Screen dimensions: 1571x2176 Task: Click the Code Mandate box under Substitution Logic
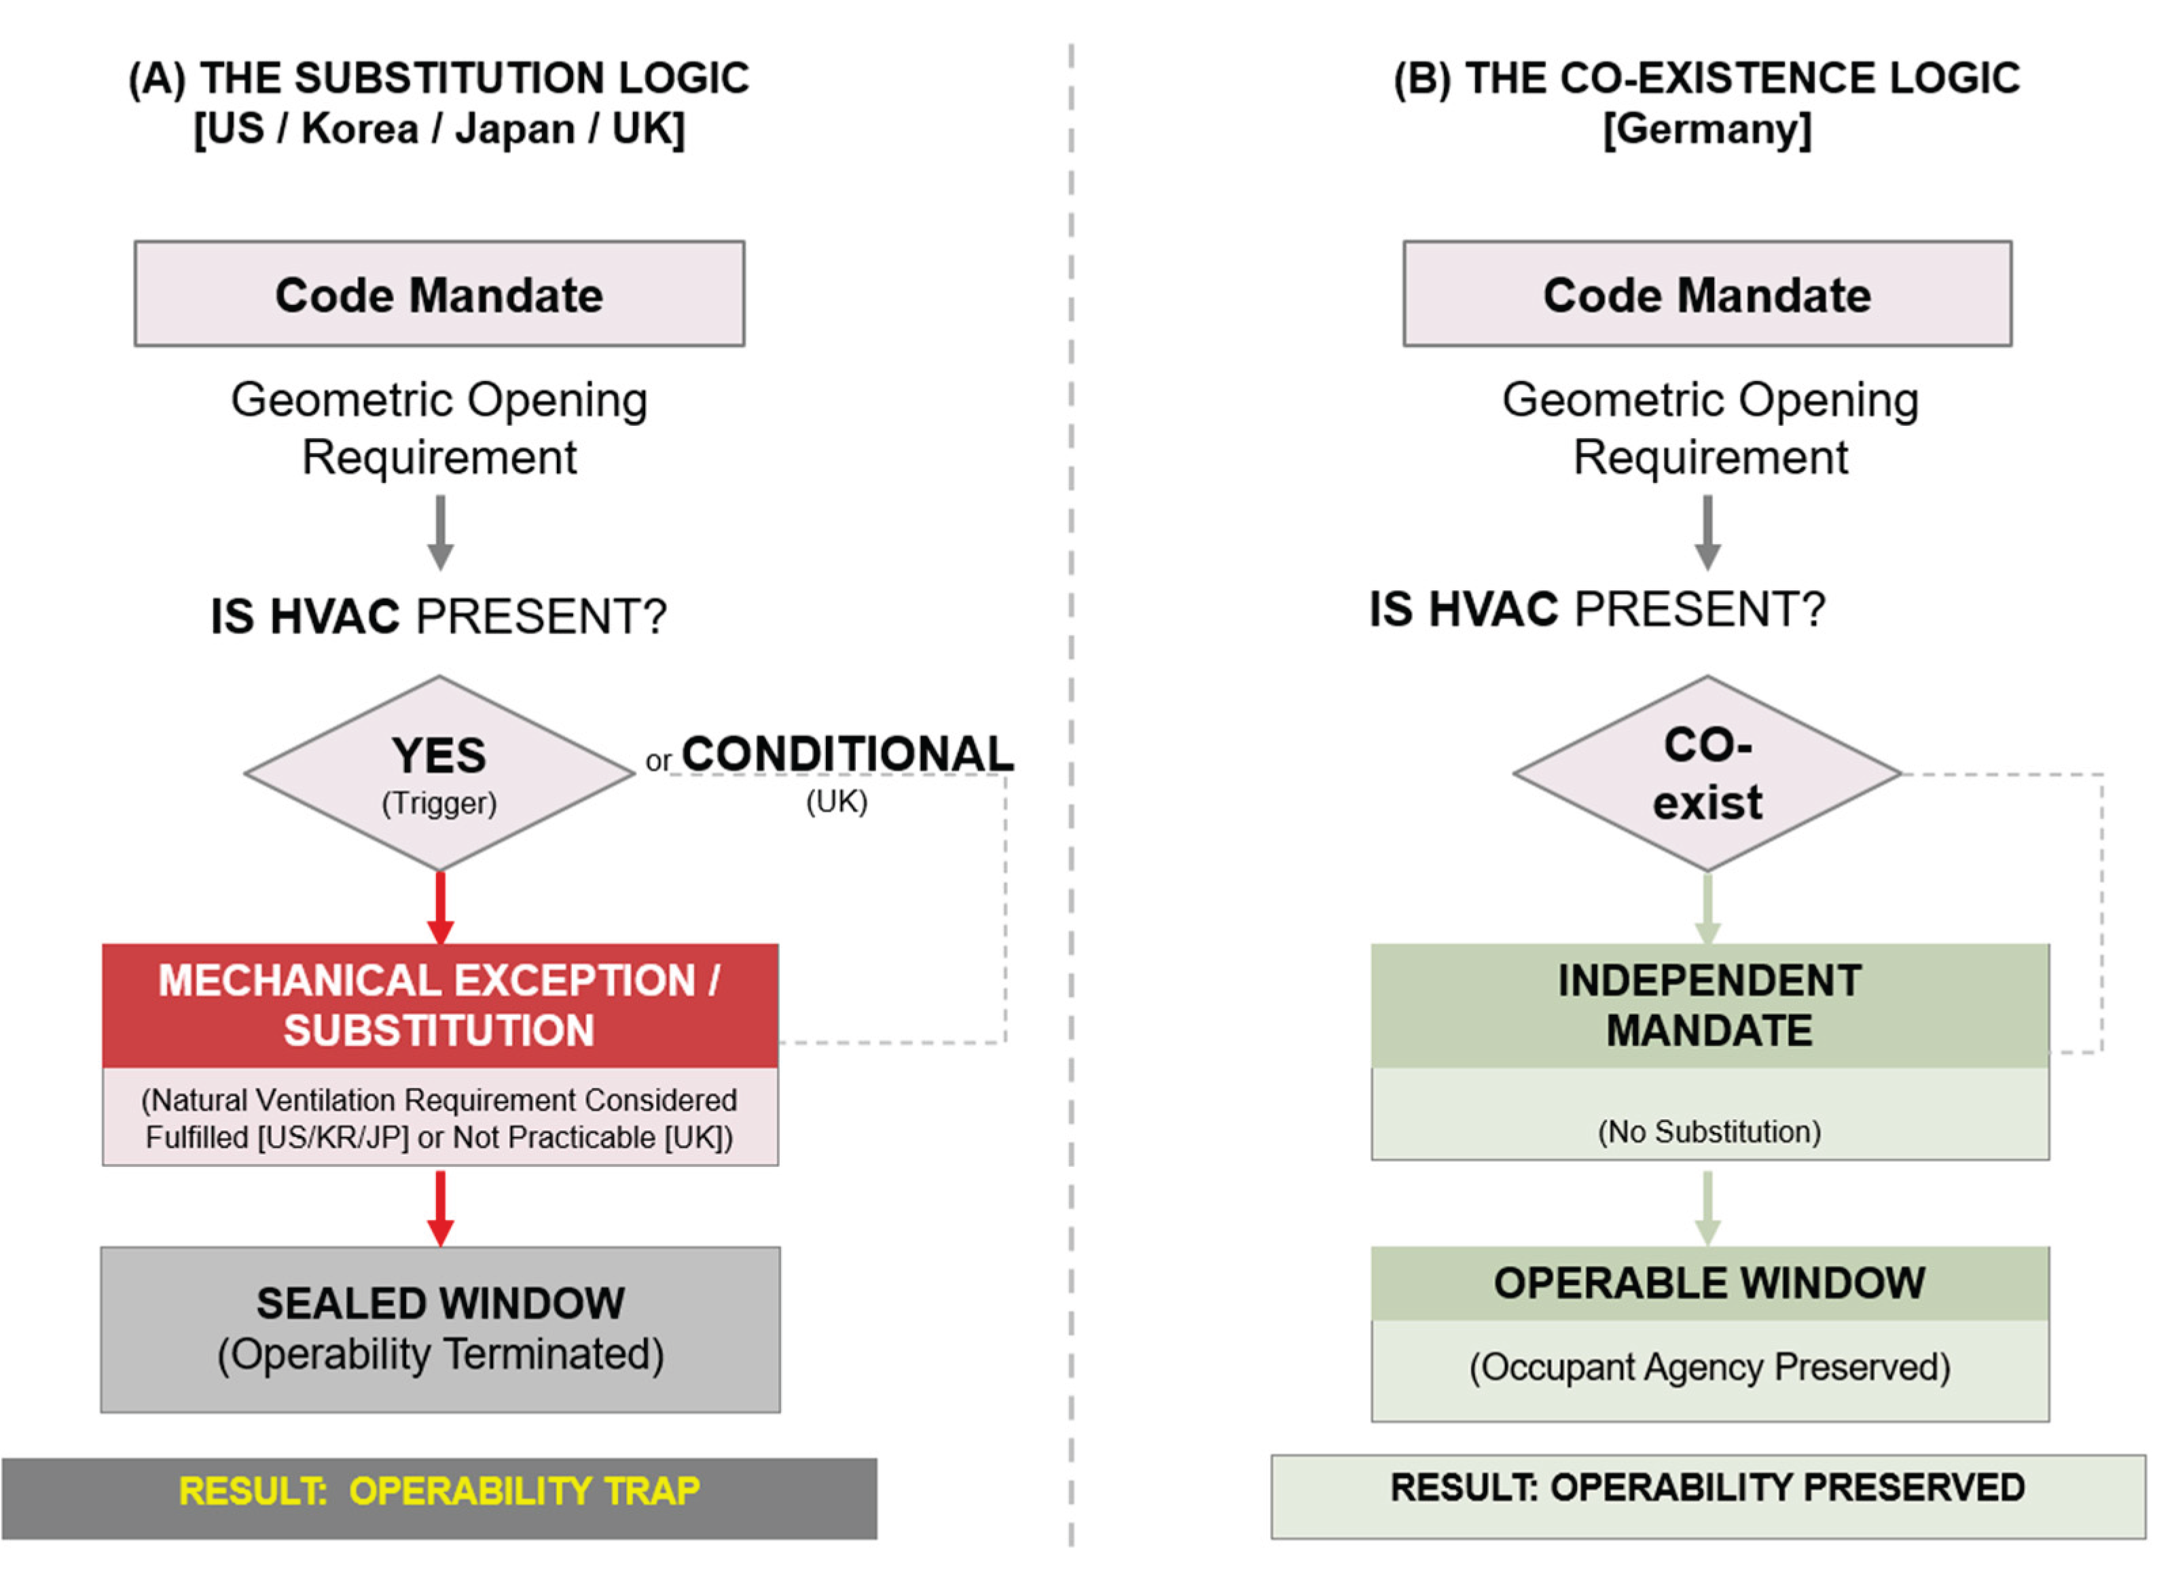[439, 293]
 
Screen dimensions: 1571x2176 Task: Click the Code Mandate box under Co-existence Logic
[1707, 293]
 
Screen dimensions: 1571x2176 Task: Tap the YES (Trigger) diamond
[439, 774]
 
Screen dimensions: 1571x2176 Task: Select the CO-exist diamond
[1707, 774]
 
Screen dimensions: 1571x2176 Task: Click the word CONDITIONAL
[847, 755]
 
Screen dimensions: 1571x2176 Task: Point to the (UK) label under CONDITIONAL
[837, 802]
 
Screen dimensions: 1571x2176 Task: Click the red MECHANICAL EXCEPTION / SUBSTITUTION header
[439, 1005]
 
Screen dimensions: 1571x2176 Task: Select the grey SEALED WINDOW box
[439, 1329]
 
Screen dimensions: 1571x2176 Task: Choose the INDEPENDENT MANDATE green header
[1709, 1005]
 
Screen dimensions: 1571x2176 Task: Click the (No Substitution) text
[1709, 1132]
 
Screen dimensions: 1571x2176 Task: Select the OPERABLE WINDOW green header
[1709, 1283]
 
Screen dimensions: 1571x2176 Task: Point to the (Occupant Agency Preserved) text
[1709, 1367]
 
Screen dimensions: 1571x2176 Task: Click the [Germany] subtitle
[1707, 128]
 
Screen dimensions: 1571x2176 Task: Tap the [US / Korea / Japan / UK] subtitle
[439, 128]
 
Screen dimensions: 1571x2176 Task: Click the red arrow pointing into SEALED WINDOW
[440, 1207]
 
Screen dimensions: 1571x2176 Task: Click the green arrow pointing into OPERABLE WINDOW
[1707, 1207]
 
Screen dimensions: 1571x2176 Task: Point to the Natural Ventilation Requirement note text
[439, 1118]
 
